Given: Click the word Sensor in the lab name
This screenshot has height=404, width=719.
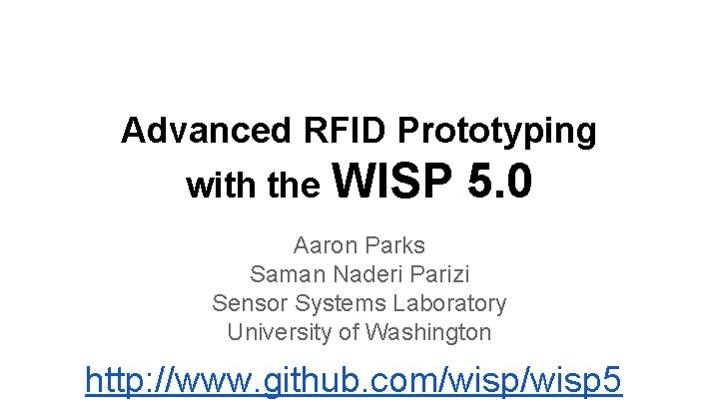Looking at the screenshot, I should (247, 303).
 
